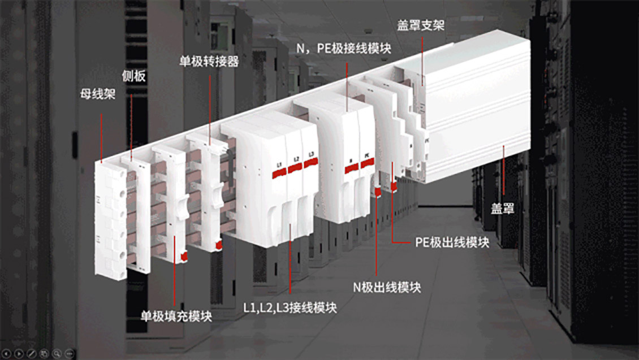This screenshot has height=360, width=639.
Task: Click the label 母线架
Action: [97, 93]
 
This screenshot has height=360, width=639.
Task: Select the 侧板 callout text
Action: [134, 76]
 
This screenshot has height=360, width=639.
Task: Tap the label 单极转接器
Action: [208, 61]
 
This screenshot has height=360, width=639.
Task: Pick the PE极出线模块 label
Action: [452, 243]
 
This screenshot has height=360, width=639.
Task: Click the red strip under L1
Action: [279, 172]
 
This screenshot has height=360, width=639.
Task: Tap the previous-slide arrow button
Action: [7, 353]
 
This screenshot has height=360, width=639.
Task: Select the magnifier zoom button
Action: [57, 353]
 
